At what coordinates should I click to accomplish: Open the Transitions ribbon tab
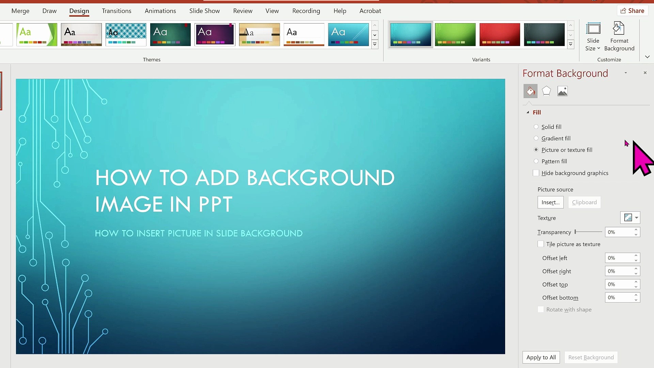116,11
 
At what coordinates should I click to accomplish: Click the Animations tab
160,11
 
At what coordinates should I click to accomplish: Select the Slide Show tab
204,11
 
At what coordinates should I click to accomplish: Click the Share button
632,11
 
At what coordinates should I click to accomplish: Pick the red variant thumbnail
500,34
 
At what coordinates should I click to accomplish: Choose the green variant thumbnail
455,34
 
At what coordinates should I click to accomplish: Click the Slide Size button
593,37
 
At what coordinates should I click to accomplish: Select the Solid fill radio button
536,127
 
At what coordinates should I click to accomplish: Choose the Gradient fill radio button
536,138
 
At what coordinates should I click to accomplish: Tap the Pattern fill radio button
536,161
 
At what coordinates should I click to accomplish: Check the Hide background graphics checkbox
536,173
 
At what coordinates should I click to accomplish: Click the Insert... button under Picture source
550,202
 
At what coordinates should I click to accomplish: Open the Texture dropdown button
630,218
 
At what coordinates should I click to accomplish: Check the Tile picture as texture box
541,244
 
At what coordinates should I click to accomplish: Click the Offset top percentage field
619,285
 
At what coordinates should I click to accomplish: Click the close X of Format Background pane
645,73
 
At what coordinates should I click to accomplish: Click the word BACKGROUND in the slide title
321,178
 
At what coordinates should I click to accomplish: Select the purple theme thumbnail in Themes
215,34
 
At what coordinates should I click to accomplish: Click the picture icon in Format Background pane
562,91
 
